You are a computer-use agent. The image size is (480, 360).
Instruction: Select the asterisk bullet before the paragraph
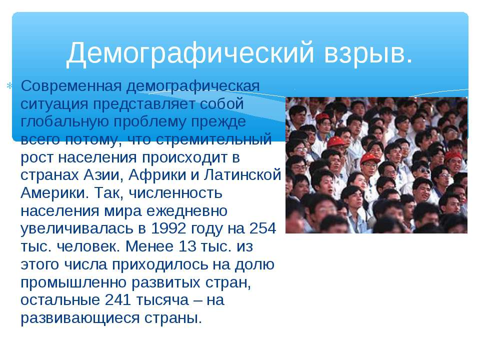[x=9, y=85]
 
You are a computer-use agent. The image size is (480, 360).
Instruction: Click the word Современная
[x=71, y=86]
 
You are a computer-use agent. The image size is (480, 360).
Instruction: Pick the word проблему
[x=149, y=122]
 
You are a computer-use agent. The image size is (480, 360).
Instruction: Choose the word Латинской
[x=242, y=175]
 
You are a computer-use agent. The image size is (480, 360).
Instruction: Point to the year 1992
[x=168, y=228]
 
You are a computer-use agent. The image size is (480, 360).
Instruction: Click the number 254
[x=262, y=228]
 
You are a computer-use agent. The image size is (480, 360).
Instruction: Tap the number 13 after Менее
[x=186, y=246]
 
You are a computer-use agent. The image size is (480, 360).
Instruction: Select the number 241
[x=118, y=300]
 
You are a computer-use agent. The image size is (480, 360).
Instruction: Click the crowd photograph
[x=376, y=165]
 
